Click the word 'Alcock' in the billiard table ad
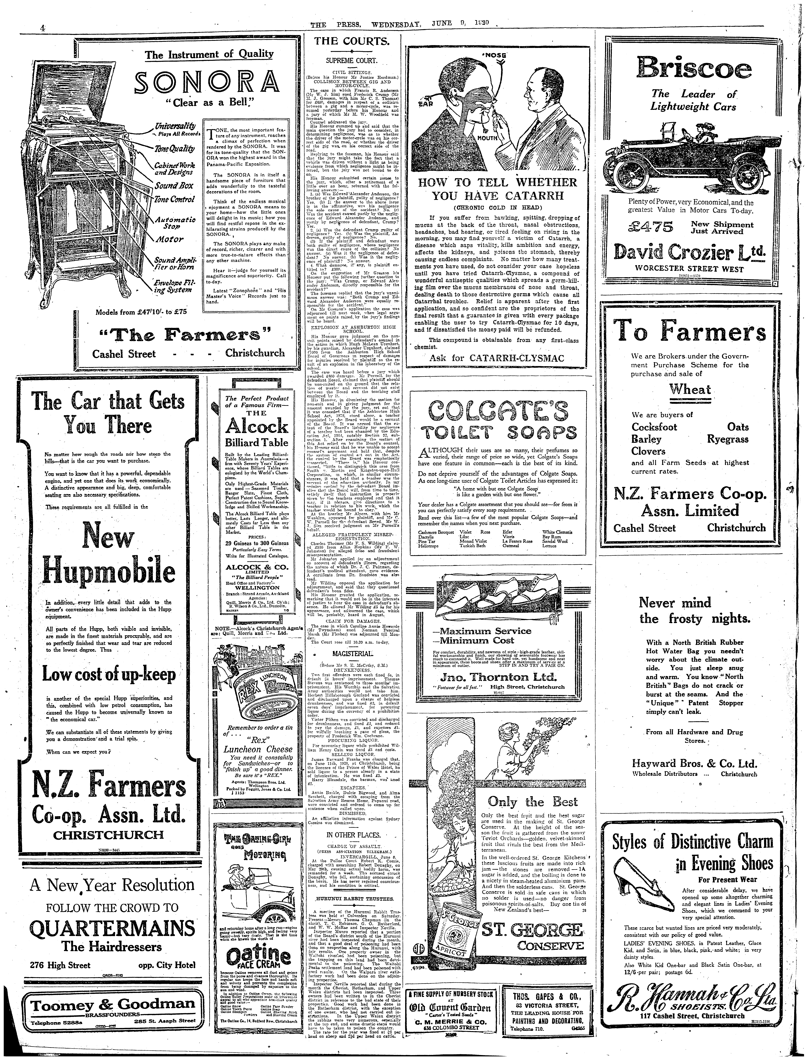257,426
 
